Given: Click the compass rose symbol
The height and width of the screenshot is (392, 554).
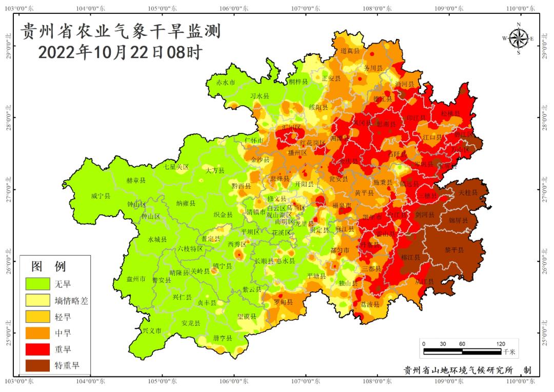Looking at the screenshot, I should tap(519, 38).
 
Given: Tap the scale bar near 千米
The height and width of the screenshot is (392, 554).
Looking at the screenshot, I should tap(462, 351).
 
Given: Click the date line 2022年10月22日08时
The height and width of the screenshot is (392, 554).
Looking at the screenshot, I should tap(120, 52).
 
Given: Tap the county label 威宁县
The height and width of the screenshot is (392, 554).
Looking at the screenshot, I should tap(101, 196).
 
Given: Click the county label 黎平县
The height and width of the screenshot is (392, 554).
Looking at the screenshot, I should tap(454, 250).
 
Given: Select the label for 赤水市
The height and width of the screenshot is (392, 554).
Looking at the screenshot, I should tap(225, 83).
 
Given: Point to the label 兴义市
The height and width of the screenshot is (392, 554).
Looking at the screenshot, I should tap(152, 330).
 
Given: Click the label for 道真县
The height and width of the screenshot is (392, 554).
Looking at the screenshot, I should tap(351, 51).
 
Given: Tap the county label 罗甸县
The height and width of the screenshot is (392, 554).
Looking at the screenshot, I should tap(283, 302).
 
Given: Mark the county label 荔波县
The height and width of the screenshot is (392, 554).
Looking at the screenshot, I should tap(370, 304).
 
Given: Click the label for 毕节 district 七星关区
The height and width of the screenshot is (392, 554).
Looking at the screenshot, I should tap(176, 167).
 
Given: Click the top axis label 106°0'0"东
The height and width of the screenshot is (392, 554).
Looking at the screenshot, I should tap(234, 8).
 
